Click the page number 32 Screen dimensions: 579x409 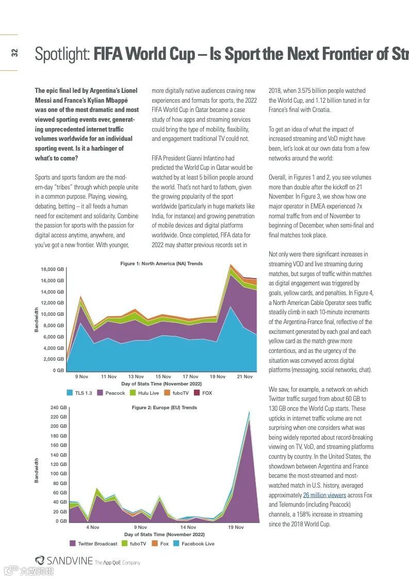pos(14,53)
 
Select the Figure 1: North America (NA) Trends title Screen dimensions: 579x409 pos(161,264)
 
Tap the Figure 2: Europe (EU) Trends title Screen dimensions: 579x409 pos(164,408)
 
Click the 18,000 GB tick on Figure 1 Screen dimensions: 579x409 pos(53,269)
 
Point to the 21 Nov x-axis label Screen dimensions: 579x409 pos(244,377)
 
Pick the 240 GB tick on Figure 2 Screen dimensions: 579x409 pos(58,408)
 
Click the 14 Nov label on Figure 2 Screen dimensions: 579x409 pos(188,527)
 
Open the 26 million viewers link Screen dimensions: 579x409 pos(324,495)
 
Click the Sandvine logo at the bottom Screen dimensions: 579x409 pos(64,561)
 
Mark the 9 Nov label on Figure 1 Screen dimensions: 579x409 pos(81,377)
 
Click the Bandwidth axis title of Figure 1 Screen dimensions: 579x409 pos(37,319)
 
